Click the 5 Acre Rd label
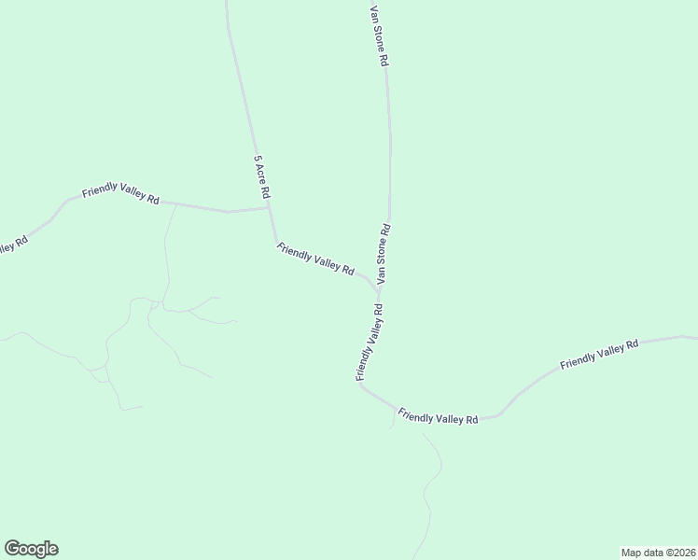[x=261, y=176]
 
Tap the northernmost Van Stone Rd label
[x=378, y=35]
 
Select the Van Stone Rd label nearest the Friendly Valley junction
[x=384, y=254]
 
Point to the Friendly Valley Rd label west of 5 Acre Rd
[x=120, y=194]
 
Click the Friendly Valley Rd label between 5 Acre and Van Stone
[x=315, y=259]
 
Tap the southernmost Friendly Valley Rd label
[x=438, y=416]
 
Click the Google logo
[x=31, y=549]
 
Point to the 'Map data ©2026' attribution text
[x=658, y=551]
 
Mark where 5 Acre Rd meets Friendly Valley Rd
[x=271, y=209]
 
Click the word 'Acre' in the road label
[x=262, y=175]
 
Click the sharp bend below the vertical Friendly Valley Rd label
[x=361, y=385]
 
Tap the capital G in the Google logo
[x=12, y=548]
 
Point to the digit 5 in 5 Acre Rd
[x=257, y=158]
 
